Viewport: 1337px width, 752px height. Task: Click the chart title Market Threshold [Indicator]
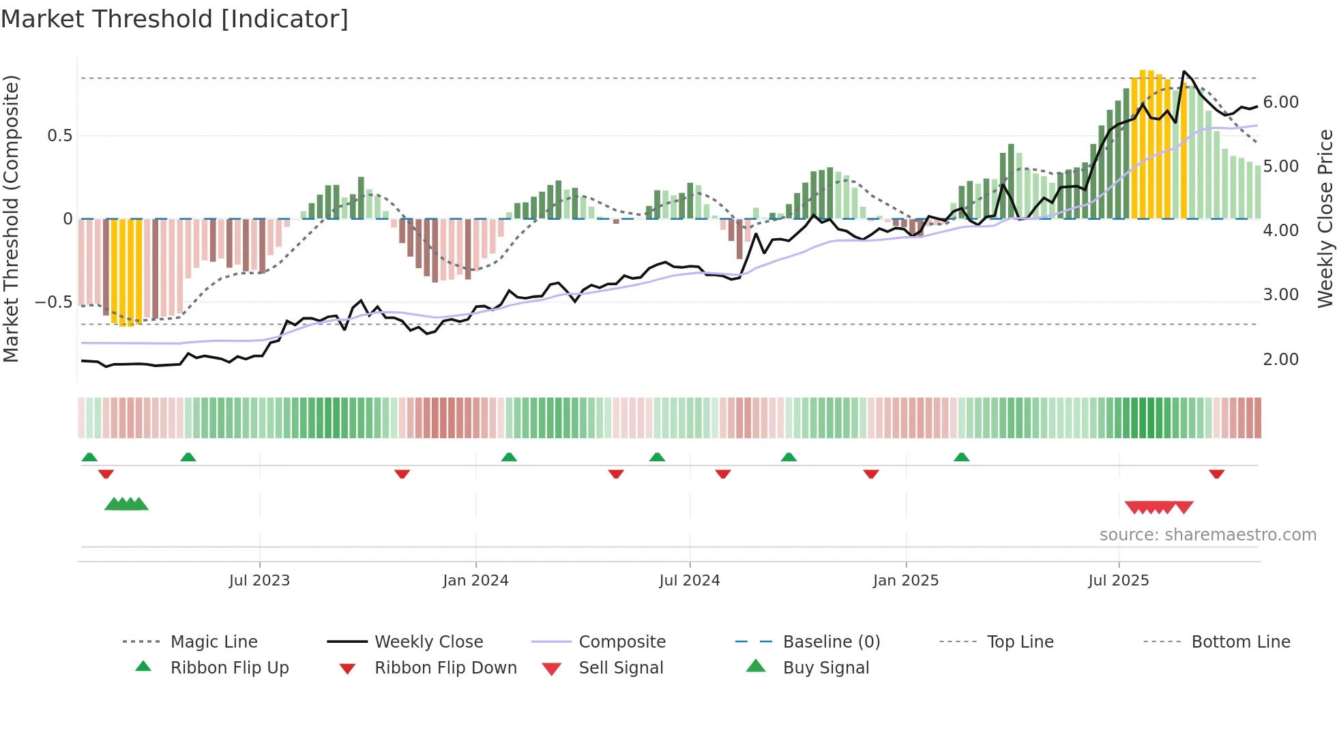175,19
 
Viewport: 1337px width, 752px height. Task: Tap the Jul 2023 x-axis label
259,581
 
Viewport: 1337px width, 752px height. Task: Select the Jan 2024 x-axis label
475,581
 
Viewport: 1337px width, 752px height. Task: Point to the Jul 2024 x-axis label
689,581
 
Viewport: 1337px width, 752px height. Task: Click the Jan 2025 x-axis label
905,581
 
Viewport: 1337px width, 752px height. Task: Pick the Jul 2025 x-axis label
1118,581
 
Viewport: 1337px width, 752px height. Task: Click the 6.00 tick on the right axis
1280,102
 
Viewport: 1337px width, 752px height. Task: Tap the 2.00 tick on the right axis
1280,360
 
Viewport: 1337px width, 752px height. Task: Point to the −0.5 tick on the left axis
53,302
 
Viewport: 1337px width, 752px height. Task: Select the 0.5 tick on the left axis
59,136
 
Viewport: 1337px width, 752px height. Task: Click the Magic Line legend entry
214,642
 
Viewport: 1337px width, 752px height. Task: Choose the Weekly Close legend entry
428,642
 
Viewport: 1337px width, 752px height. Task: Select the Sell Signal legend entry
620,668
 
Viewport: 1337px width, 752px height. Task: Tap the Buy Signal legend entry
825,668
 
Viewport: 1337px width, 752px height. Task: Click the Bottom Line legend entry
1240,642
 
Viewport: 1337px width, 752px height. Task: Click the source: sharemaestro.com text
1207,535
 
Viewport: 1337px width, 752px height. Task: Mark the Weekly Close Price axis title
1325,218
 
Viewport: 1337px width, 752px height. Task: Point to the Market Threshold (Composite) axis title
11,218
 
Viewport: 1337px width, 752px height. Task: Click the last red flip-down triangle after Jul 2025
1216,474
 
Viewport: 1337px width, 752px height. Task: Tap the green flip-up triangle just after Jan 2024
509,457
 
